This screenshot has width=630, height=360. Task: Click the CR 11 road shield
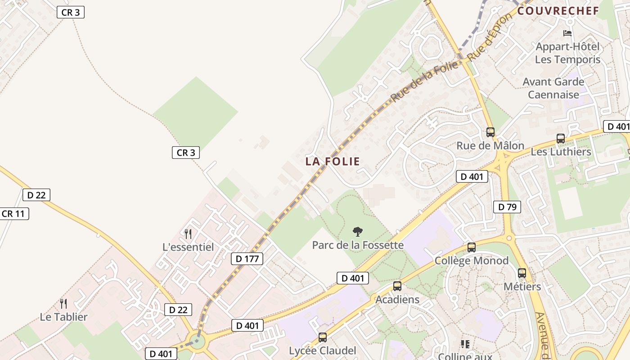tap(13, 213)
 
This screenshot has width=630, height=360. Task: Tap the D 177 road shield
tap(247, 259)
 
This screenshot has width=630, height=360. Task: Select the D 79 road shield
tap(507, 207)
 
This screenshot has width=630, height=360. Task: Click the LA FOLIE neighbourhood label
tap(333, 161)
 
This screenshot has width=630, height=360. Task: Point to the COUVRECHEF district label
tap(558, 11)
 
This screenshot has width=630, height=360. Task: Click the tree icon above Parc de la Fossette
tap(358, 232)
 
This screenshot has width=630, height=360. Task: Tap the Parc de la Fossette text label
tap(358, 245)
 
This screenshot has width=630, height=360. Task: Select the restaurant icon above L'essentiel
tap(188, 234)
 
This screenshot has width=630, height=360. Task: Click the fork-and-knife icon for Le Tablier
tap(63, 304)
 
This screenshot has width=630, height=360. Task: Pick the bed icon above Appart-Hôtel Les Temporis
tap(567, 33)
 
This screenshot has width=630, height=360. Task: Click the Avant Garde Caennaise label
tap(553, 88)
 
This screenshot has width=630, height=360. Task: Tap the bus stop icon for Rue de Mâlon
tap(490, 132)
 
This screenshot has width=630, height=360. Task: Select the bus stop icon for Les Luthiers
tap(560, 139)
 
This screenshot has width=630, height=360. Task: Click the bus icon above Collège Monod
tap(471, 247)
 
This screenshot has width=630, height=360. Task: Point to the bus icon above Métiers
tap(522, 273)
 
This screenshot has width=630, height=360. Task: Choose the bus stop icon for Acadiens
tap(397, 286)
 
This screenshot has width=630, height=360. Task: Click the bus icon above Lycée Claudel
tap(322, 337)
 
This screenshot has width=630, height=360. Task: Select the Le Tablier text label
tap(63, 317)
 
